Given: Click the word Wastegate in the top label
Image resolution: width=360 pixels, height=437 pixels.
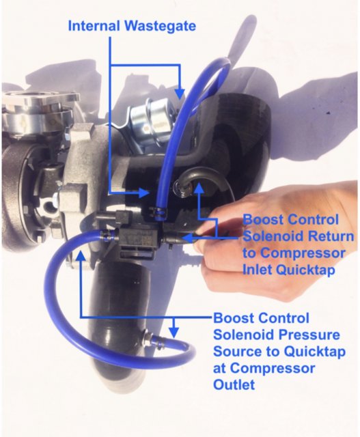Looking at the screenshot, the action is point(161,26).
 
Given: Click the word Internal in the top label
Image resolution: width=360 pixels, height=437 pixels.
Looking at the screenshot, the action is point(94,26).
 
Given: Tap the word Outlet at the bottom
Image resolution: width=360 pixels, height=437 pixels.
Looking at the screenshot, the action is point(234,384).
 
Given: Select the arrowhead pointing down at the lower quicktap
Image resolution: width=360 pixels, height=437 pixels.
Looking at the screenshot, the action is point(174,333).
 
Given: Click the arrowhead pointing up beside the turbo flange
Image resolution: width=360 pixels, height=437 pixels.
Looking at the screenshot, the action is point(81,256).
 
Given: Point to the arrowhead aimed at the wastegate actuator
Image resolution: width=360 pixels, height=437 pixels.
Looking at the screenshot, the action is point(180,94).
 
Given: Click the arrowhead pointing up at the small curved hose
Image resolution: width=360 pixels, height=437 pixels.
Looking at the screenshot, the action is point(198,188).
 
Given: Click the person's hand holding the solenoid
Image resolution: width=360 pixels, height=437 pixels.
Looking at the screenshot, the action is point(279,237).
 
